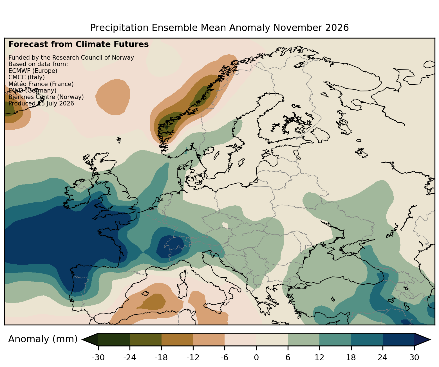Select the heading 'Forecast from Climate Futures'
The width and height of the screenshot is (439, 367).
click(79, 44)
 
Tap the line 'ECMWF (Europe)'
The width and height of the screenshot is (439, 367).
click(33, 71)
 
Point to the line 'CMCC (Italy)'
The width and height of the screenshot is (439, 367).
click(26, 77)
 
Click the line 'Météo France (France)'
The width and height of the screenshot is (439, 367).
click(41, 84)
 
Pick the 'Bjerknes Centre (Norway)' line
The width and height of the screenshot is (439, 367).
click(46, 97)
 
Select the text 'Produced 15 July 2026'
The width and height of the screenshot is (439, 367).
click(41, 103)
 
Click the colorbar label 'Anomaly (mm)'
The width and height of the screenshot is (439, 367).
click(43, 339)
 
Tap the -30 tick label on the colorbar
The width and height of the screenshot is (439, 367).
click(98, 357)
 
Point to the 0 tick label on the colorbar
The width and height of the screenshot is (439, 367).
click(256, 357)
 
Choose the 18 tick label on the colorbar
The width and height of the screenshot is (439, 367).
click(351, 357)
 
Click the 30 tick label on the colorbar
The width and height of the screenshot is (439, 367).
click(414, 357)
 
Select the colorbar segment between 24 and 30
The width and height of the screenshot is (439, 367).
click(398, 339)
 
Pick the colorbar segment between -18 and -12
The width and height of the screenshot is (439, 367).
click(177, 339)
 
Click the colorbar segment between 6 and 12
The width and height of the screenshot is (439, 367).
click(304, 339)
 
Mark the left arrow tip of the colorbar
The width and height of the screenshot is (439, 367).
click(82, 339)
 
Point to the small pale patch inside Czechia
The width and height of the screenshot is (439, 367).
click(225, 225)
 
